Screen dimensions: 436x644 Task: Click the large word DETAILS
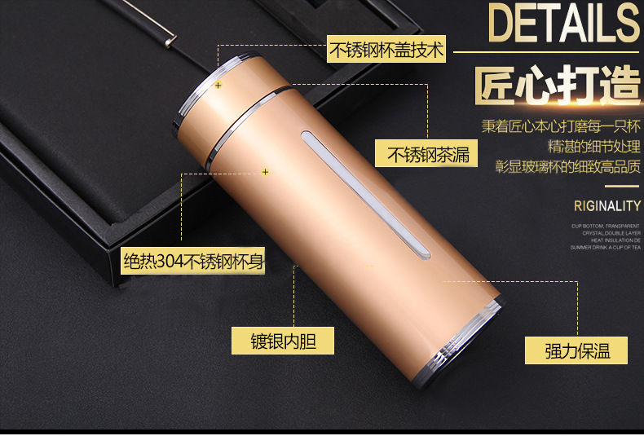click(x=563, y=24)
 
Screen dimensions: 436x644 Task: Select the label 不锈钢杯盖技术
click(x=386, y=51)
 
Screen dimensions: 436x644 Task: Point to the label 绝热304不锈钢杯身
click(x=193, y=261)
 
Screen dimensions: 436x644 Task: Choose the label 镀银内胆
click(x=282, y=341)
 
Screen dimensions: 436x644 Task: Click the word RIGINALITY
click(x=607, y=205)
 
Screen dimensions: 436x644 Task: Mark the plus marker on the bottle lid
click(x=218, y=84)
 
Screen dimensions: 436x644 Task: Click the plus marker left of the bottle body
click(x=265, y=172)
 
